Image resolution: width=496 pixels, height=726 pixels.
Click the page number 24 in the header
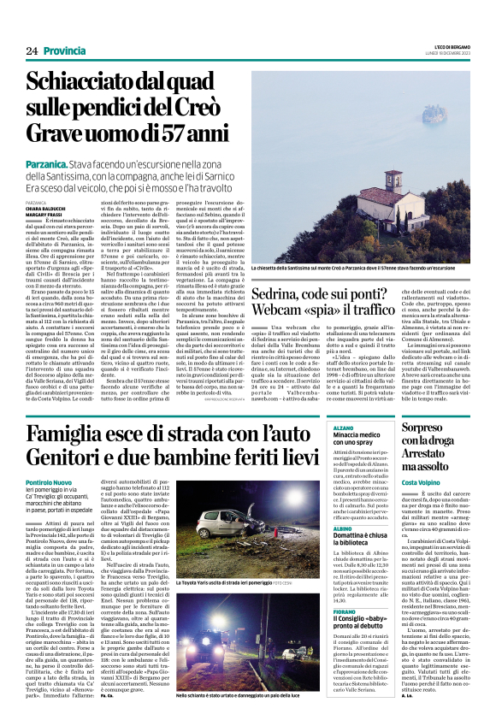pos(32,51)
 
